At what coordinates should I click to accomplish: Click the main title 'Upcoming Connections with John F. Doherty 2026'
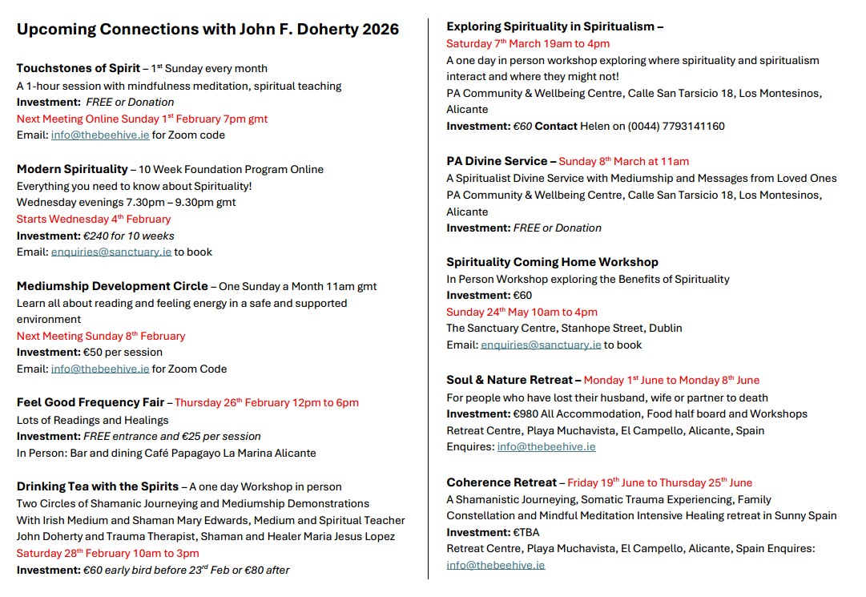tap(207, 30)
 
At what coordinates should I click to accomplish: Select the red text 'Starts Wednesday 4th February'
tap(94, 219)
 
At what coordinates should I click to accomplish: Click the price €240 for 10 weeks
tap(129, 236)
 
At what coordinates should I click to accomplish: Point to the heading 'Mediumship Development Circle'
tap(111, 286)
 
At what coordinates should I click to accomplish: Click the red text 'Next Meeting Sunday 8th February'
tap(101, 337)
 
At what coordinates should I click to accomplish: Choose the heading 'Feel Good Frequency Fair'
tap(91, 402)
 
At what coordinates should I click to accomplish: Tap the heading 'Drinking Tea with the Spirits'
tap(98, 486)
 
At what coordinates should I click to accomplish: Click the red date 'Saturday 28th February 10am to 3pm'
tap(108, 554)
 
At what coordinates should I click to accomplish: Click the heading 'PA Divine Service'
tap(497, 161)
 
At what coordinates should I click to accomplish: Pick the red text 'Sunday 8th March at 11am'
tap(623, 161)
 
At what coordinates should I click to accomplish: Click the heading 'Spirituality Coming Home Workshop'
tap(552, 262)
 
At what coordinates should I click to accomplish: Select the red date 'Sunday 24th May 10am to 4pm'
tap(522, 313)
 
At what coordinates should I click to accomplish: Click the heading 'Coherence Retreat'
tap(501, 482)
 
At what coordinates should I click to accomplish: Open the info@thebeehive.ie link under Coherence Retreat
tap(496, 565)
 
